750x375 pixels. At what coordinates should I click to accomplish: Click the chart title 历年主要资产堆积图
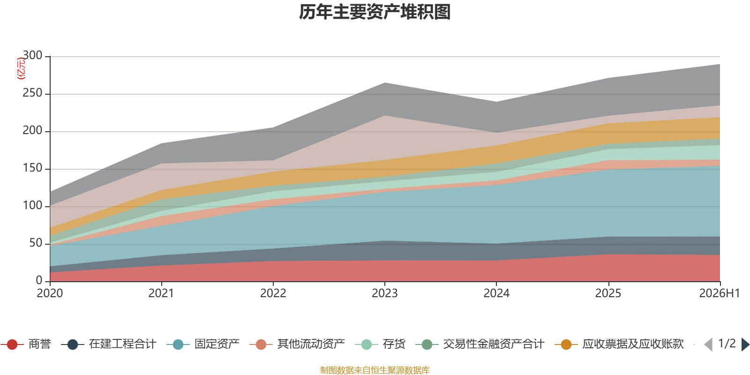(x=375, y=12)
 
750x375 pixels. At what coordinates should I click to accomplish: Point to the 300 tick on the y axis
(x=32, y=55)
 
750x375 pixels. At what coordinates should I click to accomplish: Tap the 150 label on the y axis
(x=32, y=168)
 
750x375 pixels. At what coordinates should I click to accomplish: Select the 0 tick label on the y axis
(x=39, y=281)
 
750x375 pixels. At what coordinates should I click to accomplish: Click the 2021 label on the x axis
(x=161, y=293)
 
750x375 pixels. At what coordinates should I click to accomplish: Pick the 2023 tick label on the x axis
(x=385, y=293)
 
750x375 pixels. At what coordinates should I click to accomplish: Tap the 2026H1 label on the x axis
(x=720, y=293)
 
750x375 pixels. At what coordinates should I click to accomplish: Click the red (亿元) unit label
(x=21, y=68)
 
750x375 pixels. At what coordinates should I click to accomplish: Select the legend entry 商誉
(x=26, y=344)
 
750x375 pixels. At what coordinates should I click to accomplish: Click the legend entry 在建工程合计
(x=109, y=344)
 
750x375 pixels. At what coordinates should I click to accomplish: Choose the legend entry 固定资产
(x=203, y=344)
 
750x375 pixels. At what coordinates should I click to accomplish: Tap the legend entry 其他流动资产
(x=297, y=344)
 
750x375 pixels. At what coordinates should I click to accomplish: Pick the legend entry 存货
(x=380, y=344)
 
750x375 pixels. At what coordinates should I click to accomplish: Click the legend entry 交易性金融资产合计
(x=480, y=344)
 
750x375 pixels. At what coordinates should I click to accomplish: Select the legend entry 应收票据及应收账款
(x=619, y=344)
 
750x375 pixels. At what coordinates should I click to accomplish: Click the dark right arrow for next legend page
(x=745, y=344)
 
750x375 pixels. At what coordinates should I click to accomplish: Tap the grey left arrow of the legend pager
(x=708, y=344)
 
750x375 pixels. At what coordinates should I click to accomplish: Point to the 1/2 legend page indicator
(x=727, y=344)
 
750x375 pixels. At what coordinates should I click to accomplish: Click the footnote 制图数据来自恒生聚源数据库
(x=375, y=370)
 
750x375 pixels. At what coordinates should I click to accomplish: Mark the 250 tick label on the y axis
(x=32, y=93)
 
